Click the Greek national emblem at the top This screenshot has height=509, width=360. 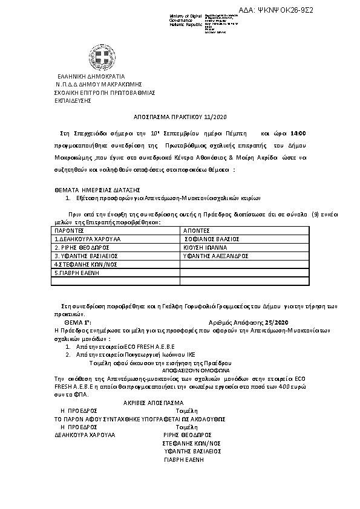click(x=100, y=57)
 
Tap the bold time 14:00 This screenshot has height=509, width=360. click(x=298, y=133)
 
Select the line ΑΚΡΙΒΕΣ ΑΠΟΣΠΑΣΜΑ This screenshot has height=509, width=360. click(x=153, y=402)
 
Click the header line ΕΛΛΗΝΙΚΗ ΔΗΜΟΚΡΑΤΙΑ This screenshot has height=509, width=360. click(x=91, y=77)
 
